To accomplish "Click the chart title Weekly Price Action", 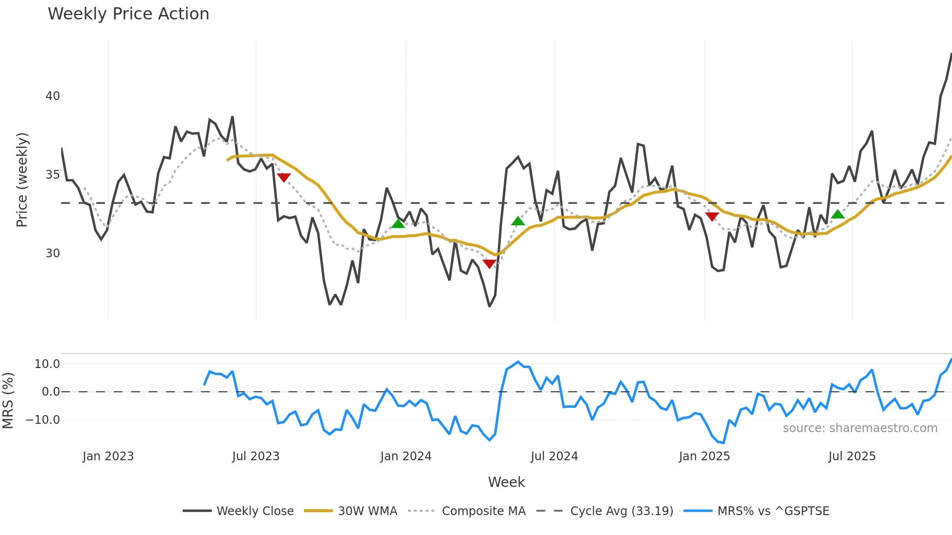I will (128, 14).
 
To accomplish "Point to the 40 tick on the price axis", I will (52, 96).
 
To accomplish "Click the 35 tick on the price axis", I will (52, 175).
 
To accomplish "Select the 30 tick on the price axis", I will (52, 253).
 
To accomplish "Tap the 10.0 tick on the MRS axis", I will (47, 364).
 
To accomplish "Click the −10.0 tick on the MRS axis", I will (43, 420).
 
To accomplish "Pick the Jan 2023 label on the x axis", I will (108, 456).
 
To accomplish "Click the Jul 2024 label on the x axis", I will (554, 456).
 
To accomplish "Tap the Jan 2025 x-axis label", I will (704, 456).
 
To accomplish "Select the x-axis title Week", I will (506, 482).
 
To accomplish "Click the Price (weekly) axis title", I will (22, 180).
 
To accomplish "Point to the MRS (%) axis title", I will (8, 401).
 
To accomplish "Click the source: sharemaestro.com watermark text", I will (860, 428).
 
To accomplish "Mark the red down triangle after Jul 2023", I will (284, 178).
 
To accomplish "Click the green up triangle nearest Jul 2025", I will (837, 214).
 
